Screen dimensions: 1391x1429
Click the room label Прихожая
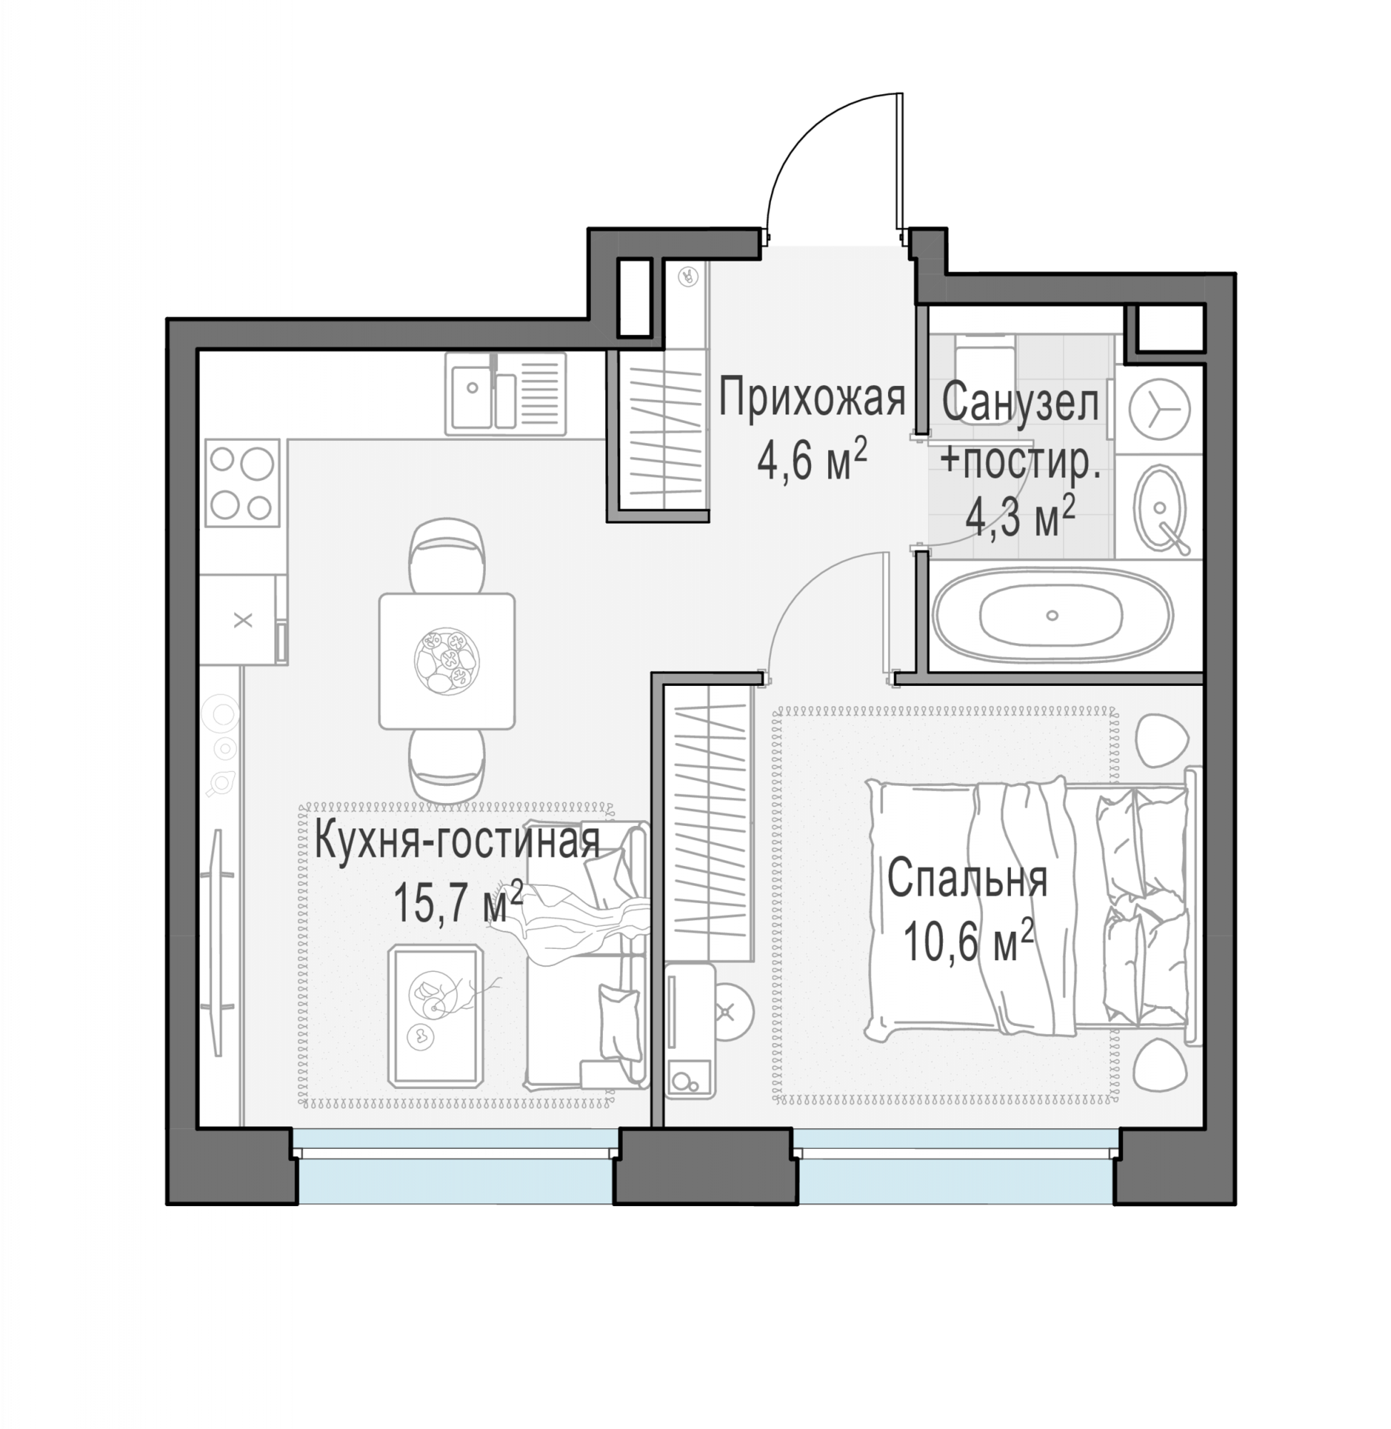812,399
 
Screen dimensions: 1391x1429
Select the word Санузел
1020,402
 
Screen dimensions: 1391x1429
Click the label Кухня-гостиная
457,841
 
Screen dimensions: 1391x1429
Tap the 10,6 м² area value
969,942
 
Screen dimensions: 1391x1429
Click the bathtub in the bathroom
1052,615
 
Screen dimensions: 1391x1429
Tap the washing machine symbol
1159,410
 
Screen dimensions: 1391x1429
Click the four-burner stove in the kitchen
241,483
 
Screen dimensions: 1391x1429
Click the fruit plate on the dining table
447,660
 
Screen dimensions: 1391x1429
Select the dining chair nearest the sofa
447,765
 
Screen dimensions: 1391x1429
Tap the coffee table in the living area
435,1015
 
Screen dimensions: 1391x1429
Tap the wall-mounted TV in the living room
218,942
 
